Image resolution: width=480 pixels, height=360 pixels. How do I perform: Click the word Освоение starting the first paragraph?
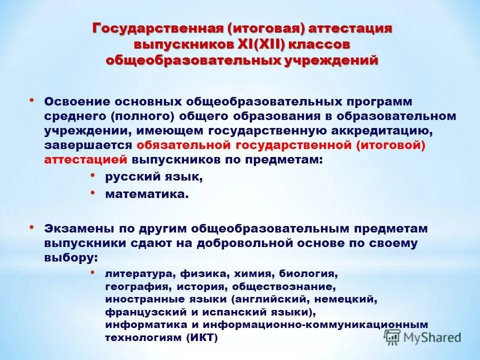(x=75, y=101)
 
